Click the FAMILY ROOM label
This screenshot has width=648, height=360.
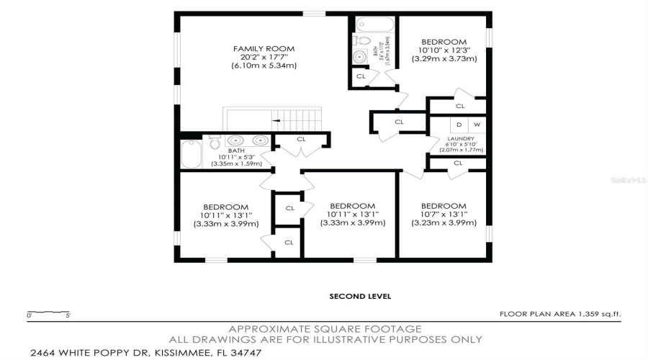pyautogui.click(x=264, y=48)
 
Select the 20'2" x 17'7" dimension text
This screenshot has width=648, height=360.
pyautogui.click(x=264, y=57)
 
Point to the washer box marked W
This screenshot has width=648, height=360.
pyautogui.click(x=477, y=125)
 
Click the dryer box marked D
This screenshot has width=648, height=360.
pyautogui.click(x=459, y=125)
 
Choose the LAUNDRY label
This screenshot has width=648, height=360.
pyautogui.click(x=461, y=138)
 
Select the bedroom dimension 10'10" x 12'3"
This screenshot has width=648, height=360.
pyautogui.click(x=444, y=50)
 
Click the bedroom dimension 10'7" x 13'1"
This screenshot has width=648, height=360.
pyautogui.click(x=444, y=214)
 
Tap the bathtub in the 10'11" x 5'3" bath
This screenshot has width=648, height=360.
pyautogui.click(x=192, y=153)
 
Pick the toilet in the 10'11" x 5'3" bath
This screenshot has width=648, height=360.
pyautogui.click(x=216, y=143)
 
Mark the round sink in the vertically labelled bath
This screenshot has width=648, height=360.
pyautogui.click(x=360, y=57)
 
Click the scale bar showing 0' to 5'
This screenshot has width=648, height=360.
pyautogui.click(x=49, y=313)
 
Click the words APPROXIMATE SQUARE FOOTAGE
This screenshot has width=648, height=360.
pyautogui.click(x=325, y=328)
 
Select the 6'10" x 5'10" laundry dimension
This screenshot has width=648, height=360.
pyautogui.click(x=461, y=144)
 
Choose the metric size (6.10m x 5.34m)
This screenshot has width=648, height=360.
pyautogui.click(x=264, y=66)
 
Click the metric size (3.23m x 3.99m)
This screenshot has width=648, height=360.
pyautogui.click(x=444, y=222)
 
